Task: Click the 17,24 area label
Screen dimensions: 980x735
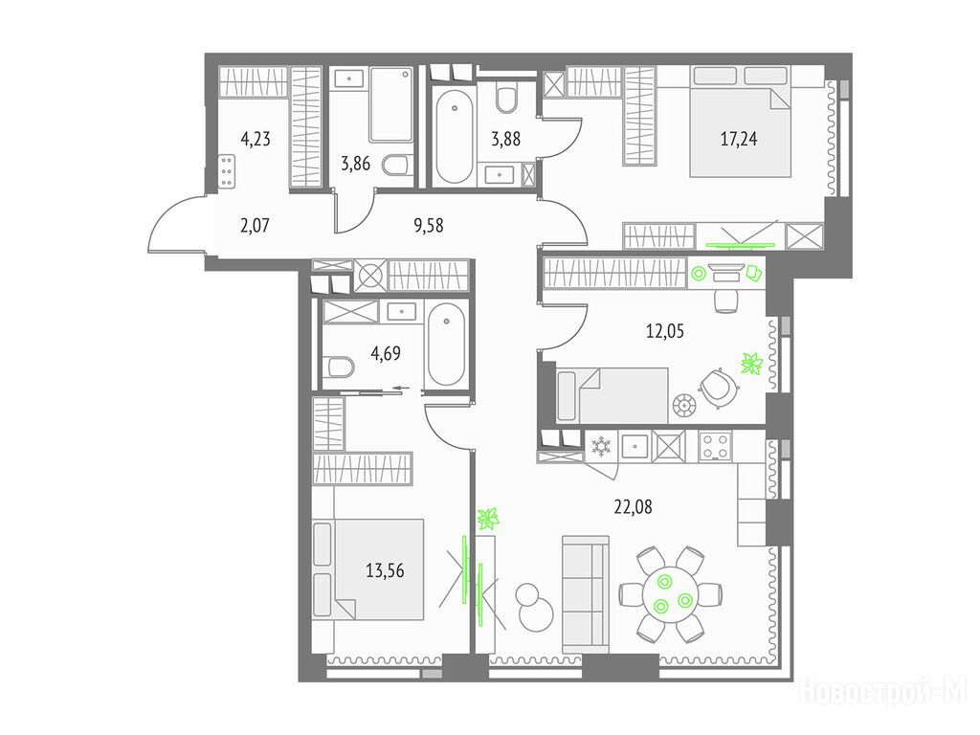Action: [x=739, y=139]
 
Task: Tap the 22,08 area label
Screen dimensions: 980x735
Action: [x=633, y=507]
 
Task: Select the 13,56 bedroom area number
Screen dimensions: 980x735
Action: [x=385, y=570]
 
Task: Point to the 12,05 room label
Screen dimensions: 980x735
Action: [x=664, y=330]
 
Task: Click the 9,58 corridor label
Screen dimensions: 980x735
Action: [x=429, y=225]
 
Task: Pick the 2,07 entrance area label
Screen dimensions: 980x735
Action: [x=255, y=225]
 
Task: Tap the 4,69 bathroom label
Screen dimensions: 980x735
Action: [x=386, y=354]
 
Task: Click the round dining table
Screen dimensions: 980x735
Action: [x=671, y=593]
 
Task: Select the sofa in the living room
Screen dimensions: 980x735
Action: [x=585, y=593]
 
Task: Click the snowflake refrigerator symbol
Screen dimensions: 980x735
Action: [x=601, y=446]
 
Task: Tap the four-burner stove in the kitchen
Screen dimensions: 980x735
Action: [x=715, y=446]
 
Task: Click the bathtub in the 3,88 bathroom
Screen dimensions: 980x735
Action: [x=455, y=137]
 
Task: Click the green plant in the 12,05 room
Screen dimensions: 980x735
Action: [x=752, y=363]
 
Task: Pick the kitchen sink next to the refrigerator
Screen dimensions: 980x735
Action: [x=635, y=446]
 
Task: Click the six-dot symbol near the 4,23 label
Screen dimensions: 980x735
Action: [x=227, y=170]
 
